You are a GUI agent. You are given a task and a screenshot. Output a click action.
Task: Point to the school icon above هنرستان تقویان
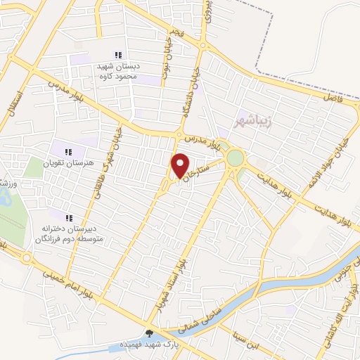coord(68,152)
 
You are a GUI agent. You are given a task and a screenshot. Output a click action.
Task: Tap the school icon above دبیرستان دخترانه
coord(68,217)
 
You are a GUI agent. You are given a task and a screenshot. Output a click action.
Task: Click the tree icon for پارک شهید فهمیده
coord(148,333)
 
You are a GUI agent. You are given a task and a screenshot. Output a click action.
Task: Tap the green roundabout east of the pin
coord(235,157)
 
